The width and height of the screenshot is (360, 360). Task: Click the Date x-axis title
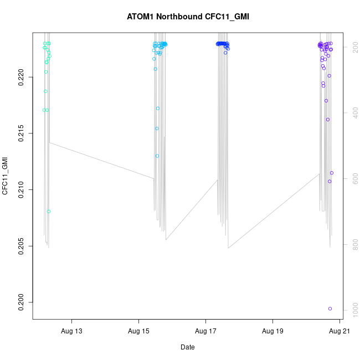(x=188, y=347)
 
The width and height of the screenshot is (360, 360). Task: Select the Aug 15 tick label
(x=138, y=331)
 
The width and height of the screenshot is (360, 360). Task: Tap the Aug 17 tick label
(x=205, y=331)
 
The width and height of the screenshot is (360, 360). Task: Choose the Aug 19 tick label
(x=272, y=331)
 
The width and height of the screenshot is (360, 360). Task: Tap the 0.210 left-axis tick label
(x=20, y=189)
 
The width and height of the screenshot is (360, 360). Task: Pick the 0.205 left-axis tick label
(x=20, y=246)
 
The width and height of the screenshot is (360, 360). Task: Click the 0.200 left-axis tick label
(x=20, y=302)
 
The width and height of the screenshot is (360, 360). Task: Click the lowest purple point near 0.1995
(x=330, y=308)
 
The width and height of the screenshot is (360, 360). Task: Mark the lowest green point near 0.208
(x=49, y=212)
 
